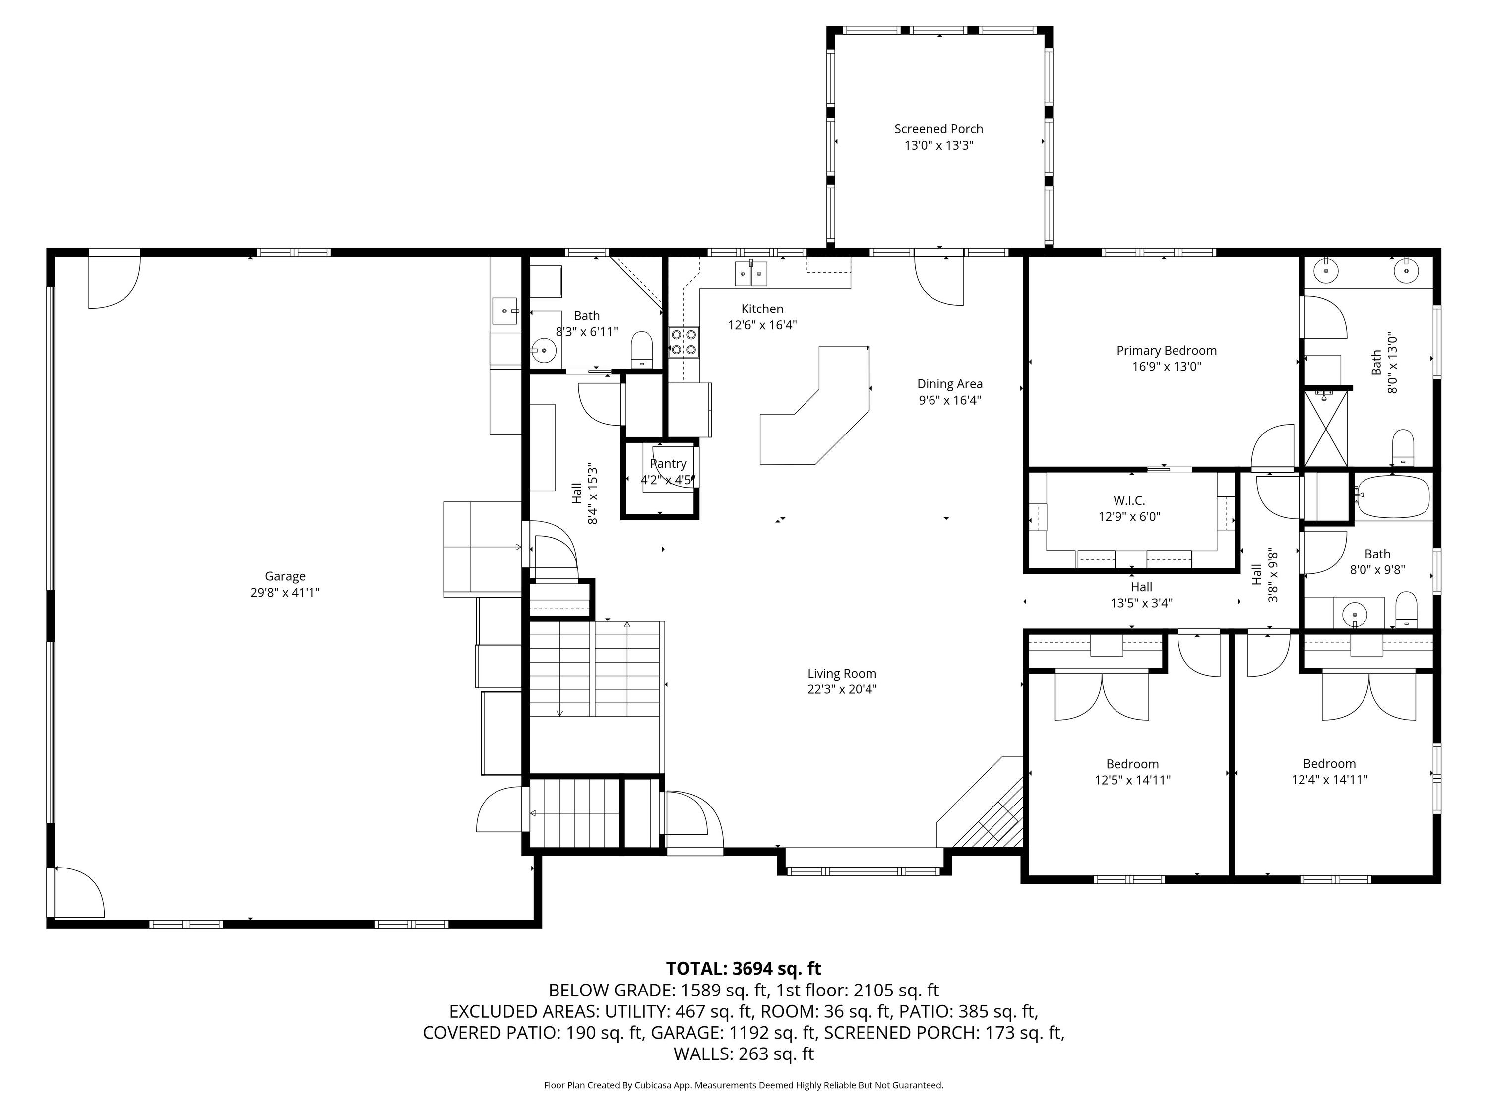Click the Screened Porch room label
pyautogui.click(x=938, y=129)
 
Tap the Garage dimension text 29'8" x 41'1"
pyautogui.click(x=285, y=593)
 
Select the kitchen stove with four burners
pyautogui.click(x=683, y=342)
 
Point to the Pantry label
pyautogui.click(x=668, y=463)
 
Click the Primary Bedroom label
pyautogui.click(x=1167, y=351)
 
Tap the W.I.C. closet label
pyautogui.click(x=1129, y=500)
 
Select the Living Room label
pyautogui.click(x=842, y=674)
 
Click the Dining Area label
pyautogui.click(x=950, y=384)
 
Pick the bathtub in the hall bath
pyautogui.click(x=1391, y=496)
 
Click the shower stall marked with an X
pyautogui.click(x=1327, y=429)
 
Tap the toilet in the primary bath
pyautogui.click(x=1403, y=447)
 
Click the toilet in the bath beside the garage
pyautogui.click(x=642, y=349)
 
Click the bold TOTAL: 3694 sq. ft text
pyautogui.click(x=744, y=968)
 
